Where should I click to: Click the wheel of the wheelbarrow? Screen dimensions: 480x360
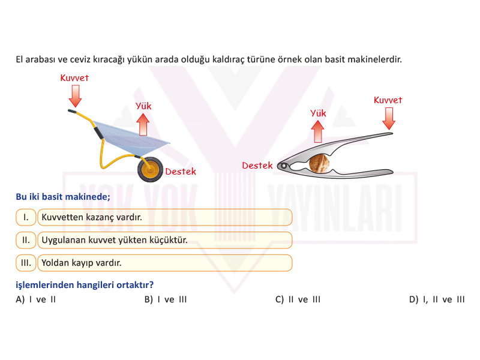coord(150,169)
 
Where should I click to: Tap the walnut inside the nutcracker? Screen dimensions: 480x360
coord(320,163)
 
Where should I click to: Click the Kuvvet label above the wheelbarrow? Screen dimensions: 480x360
coord(74,78)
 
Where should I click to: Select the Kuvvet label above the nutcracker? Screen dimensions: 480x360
coord(388,100)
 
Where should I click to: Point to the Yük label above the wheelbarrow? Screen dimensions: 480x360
coord(143,106)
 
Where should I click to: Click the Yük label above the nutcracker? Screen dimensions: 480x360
coord(318,113)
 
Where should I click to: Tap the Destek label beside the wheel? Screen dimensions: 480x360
coord(181,172)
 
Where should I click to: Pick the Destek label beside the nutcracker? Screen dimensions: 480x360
coord(257,166)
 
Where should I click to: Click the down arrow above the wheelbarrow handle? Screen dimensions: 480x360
coord(75,96)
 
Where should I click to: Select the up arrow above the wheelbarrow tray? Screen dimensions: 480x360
coord(143,125)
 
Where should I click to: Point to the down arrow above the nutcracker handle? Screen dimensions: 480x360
coord(389,119)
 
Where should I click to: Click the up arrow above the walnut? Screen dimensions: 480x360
coord(318,131)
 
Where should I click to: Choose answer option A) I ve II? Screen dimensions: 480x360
coord(36,299)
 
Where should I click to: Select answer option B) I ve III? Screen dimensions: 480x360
coord(166,299)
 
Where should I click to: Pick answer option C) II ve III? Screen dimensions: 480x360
coord(298,299)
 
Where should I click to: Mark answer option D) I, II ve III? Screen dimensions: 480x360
coord(437,299)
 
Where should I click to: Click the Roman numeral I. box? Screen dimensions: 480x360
coord(26,217)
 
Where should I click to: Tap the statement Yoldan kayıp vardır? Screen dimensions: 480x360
coord(82,263)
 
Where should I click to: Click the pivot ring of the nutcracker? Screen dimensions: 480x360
coord(283,166)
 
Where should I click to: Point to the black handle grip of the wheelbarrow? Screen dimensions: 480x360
coord(98,133)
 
